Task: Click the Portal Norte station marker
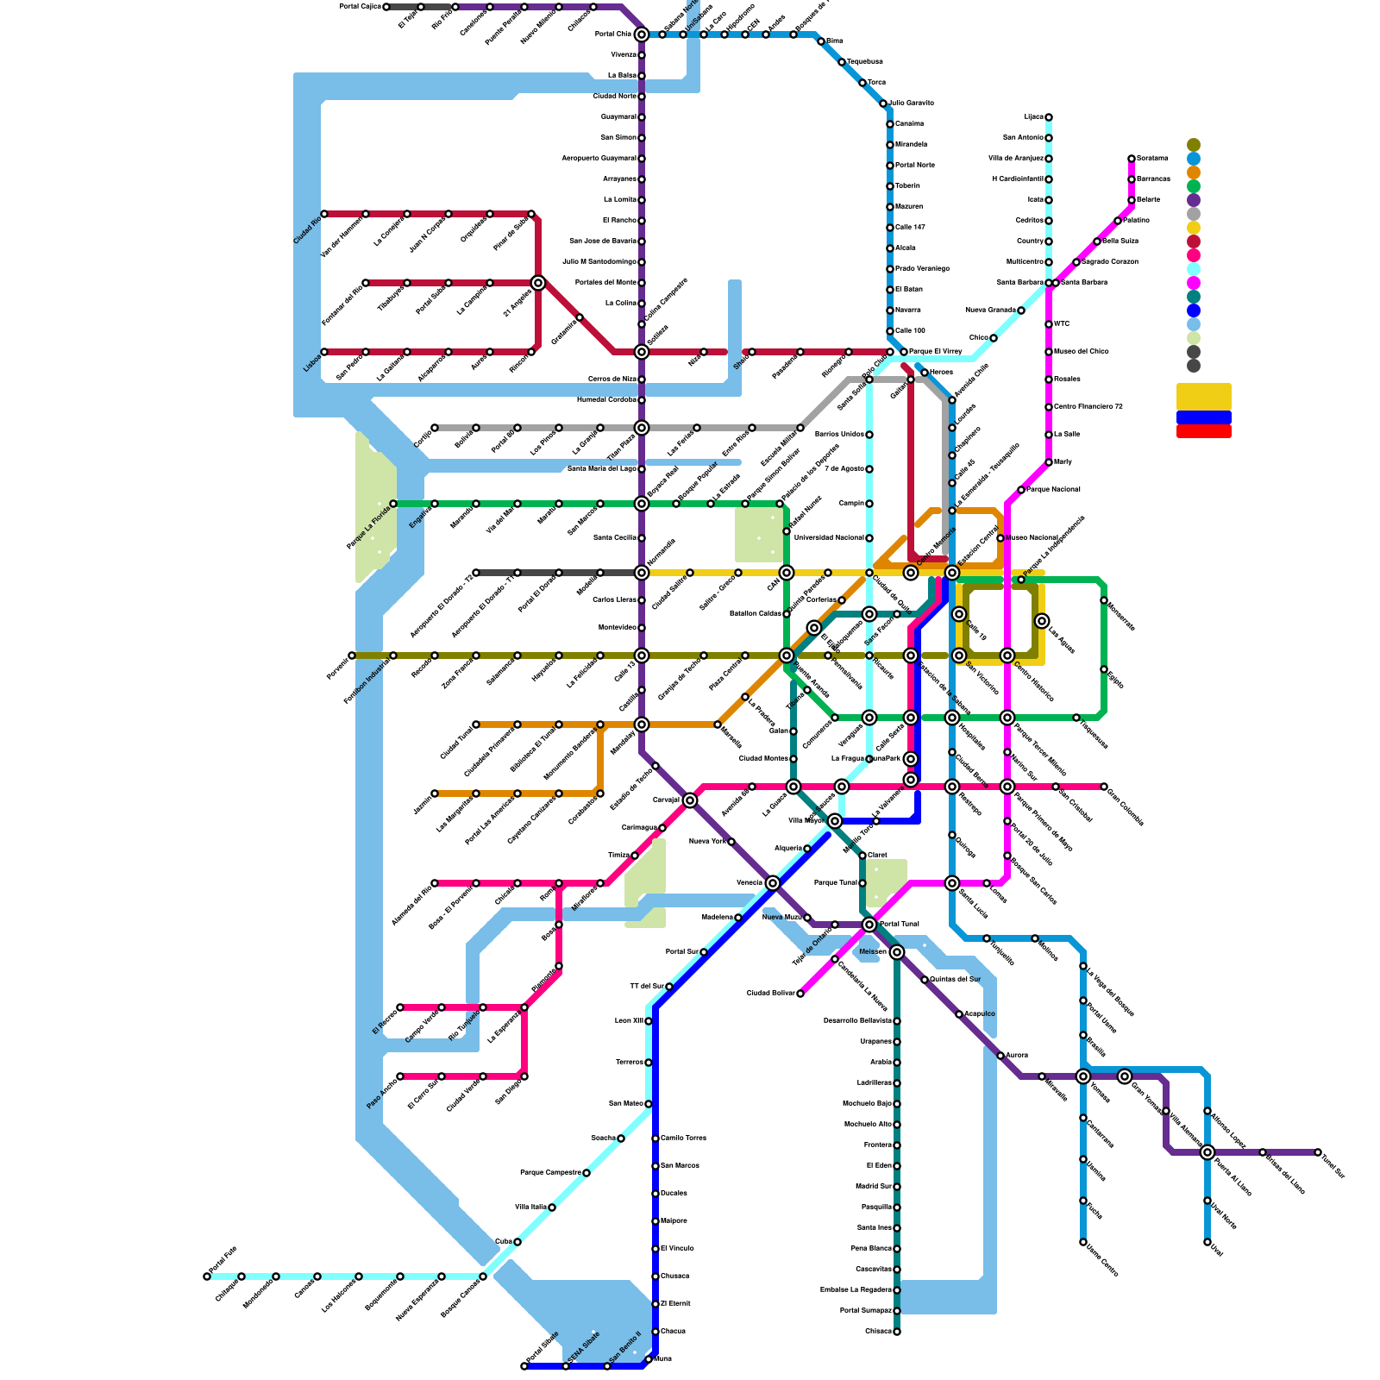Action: [890, 166]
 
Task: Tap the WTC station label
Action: [1062, 324]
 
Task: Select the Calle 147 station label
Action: [910, 228]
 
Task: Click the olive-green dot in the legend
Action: [1194, 145]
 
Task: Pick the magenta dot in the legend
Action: [1194, 283]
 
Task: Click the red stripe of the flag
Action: [1203, 431]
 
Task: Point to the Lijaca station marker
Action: [1049, 117]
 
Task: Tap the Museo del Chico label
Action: [1081, 352]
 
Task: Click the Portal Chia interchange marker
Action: [642, 34]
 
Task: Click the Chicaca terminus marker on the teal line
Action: [897, 1332]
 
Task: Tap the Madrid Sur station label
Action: [874, 1187]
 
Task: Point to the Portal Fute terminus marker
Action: [207, 1276]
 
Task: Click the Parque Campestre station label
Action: [550, 1173]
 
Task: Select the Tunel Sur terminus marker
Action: [1318, 1152]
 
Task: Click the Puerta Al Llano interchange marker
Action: [1207, 1152]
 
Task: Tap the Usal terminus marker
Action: [1207, 1242]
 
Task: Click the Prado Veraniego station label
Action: [922, 269]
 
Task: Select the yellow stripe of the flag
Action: [1203, 397]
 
